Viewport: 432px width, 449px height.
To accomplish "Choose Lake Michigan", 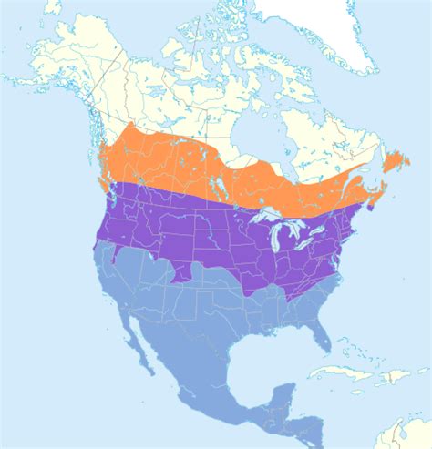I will click(276, 239).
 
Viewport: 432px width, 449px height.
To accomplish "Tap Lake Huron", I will click(295, 231).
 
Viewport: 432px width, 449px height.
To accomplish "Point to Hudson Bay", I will click(251, 128).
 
